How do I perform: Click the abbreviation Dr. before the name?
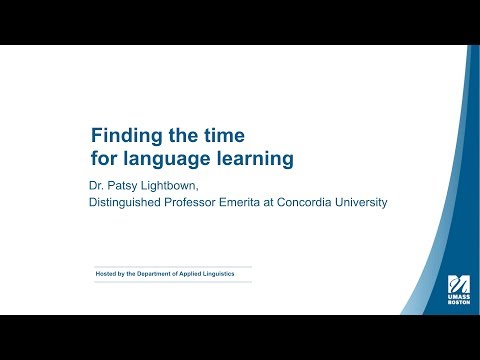[x=98, y=185]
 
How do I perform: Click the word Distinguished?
[x=130, y=203]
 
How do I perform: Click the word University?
[x=366, y=203]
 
